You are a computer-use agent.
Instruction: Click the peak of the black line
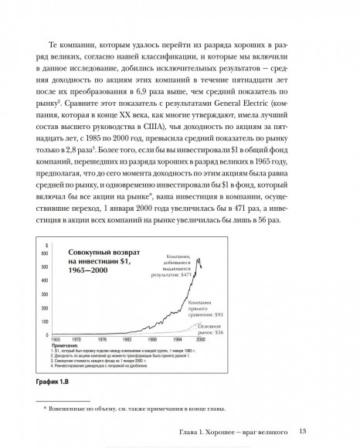[x=200, y=262]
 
